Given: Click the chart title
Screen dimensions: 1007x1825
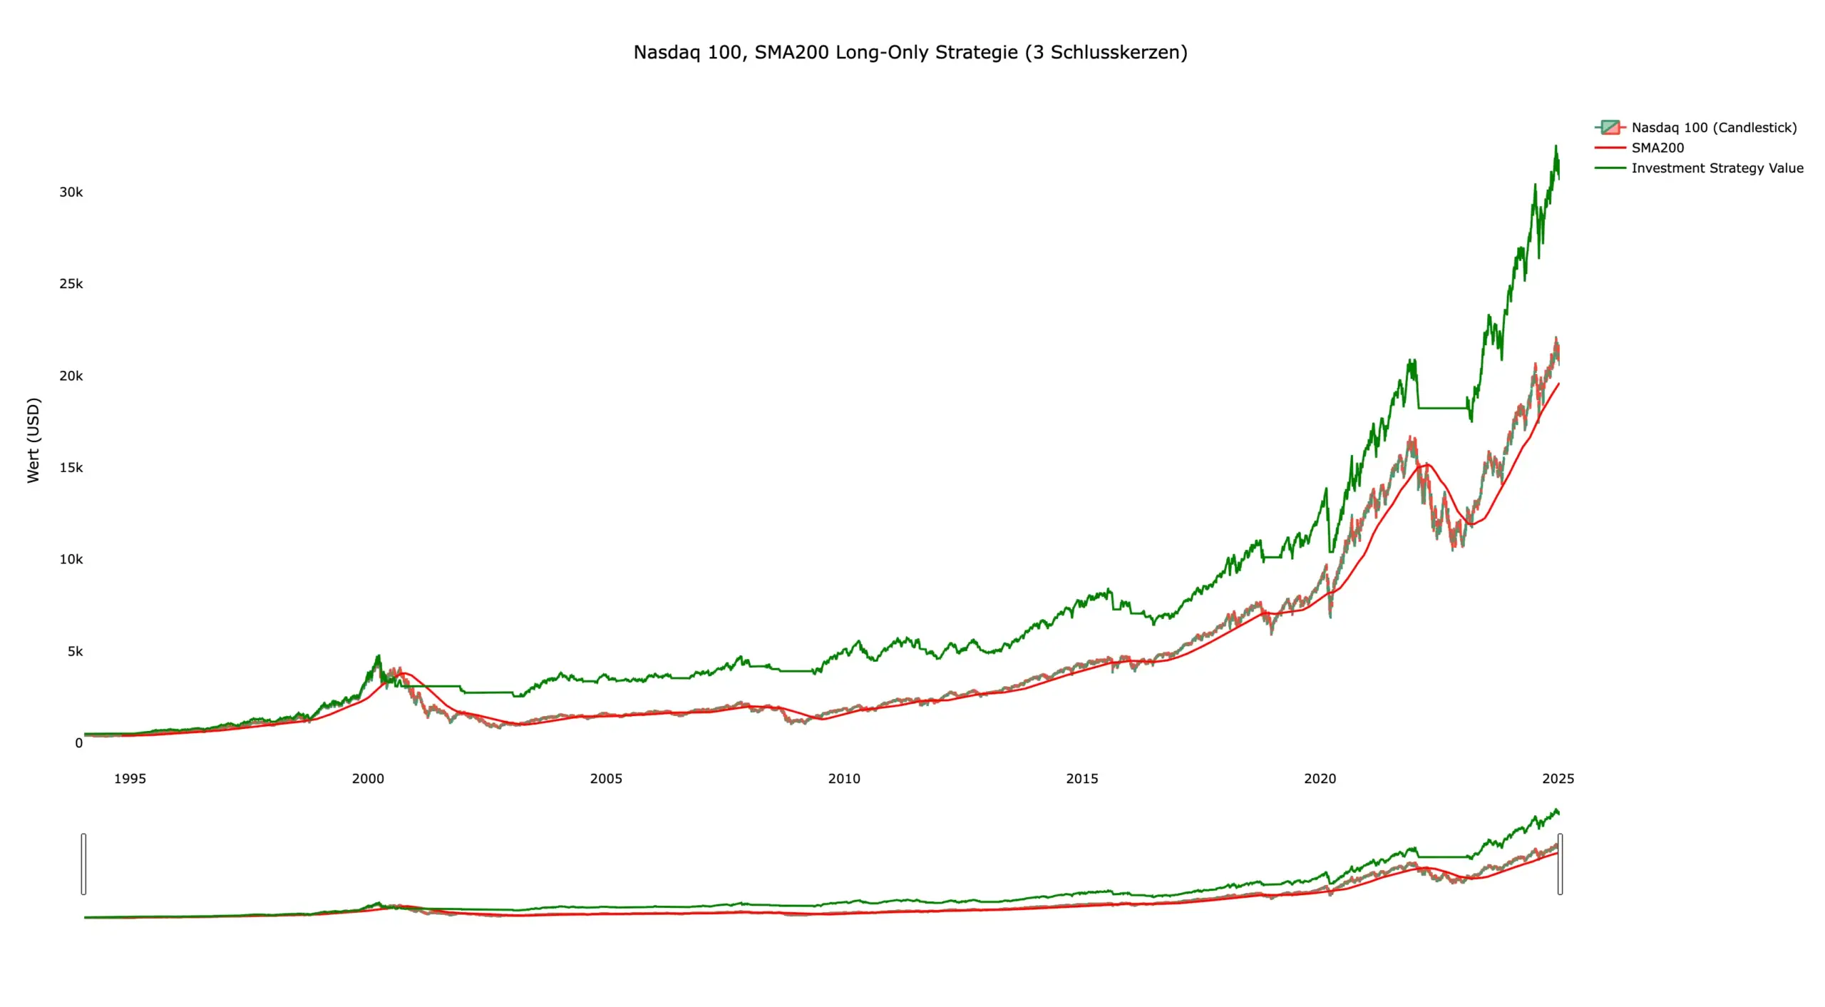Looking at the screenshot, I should click(x=910, y=52).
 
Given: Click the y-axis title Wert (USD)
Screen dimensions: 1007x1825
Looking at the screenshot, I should click(x=34, y=440).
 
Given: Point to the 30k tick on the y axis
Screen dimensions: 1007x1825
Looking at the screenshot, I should click(x=71, y=192).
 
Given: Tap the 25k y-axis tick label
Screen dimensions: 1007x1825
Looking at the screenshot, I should click(x=71, y=284).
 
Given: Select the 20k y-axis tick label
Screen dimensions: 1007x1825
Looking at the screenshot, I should click(x=71, y=376).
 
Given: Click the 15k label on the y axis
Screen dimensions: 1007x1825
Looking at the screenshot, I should click(x=71, y=468).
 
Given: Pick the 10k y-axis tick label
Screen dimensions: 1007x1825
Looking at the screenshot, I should click(x=71, y=559).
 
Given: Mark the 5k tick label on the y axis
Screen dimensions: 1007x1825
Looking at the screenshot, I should click(x=75, y=651).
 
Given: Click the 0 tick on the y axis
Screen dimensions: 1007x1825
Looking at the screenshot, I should click(x=78, y=743).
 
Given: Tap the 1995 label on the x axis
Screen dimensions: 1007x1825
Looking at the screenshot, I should click(x=130, y=779).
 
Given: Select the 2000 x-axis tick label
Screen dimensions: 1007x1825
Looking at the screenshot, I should click(x=368, y=779).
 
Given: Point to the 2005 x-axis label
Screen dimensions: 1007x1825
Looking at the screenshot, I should click(x=606, y=779).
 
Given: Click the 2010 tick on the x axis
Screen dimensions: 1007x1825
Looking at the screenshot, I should click(x=844, y=779).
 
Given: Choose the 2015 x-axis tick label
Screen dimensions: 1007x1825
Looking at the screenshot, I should click(x=1082, y=779).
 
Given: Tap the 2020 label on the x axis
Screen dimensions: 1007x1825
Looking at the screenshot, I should click(x=1320, y=779).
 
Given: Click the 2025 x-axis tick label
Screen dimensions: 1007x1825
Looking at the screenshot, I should click(x=1558, y=779).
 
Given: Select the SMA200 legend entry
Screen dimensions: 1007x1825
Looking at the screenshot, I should click(x=1657, y=148).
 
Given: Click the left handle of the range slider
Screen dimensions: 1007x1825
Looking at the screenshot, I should click(x=84, y=864).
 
